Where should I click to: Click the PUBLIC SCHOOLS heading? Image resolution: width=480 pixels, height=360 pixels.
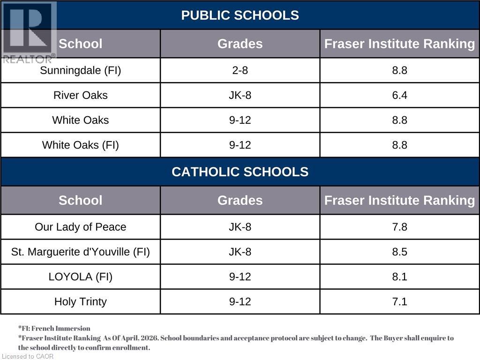coord(240,15)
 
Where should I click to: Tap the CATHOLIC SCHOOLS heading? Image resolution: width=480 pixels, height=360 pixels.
coord(240,172)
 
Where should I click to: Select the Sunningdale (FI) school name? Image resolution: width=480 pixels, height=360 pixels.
coord(81,70)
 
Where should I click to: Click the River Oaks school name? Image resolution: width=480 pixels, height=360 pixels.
coord(81,95)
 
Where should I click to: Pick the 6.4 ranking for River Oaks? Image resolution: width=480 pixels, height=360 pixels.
coord(399,95)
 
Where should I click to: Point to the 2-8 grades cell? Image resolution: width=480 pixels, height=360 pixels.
coord(240,70)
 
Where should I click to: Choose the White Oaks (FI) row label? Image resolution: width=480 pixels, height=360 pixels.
coord(81,145)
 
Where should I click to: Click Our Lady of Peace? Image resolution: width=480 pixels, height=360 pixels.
coord(81,227)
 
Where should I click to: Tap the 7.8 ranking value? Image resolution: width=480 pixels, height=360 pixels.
coord(399,227)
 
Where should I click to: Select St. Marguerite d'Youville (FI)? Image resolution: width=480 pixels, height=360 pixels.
coord(81,252)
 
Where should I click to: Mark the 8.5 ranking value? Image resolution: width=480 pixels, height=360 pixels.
coord(399,252)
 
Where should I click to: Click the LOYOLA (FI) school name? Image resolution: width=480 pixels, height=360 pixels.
coord(81,277)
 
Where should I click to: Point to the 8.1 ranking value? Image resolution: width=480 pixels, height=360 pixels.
coord(399,277)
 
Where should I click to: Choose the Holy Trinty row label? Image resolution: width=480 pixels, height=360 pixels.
coord(81,302)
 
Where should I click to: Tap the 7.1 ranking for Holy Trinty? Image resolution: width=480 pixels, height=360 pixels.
coord(399,301)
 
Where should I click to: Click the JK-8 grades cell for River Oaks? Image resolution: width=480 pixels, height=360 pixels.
coord(240,95)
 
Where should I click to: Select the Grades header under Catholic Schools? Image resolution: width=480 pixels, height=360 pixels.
coord(240,200)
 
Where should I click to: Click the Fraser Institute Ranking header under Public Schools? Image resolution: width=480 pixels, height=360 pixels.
coord(399,44)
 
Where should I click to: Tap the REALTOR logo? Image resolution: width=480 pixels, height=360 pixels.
coord(28,32)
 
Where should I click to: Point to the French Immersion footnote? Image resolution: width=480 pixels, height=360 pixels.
coord(54,329)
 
